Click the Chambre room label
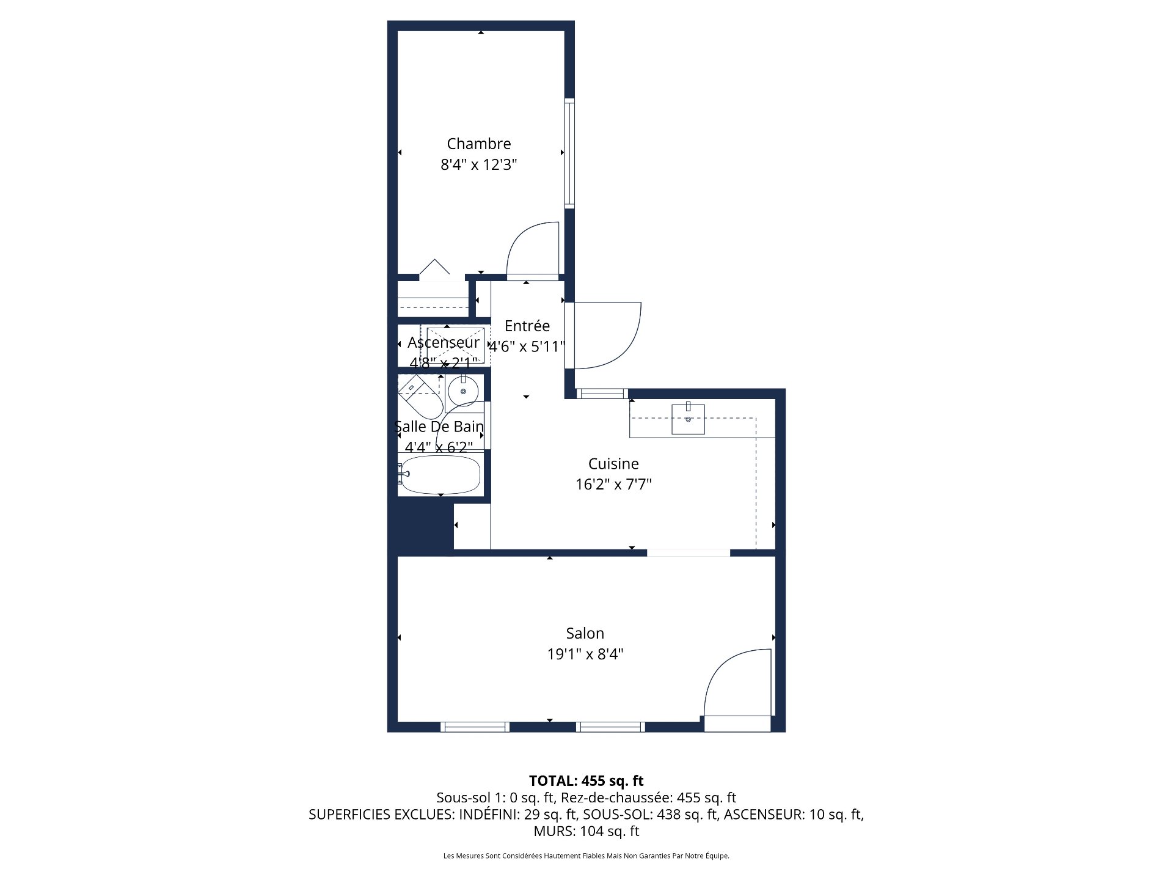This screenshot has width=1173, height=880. (x=478, y=144)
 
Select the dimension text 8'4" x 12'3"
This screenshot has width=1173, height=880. (x=478, y=164)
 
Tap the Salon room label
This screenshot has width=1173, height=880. (x=585, y=633)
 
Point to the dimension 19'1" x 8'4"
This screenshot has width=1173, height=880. (x=585, y=654)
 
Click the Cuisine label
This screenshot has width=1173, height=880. (x=613, y=464)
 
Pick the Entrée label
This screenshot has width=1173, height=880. (x=527, y=326)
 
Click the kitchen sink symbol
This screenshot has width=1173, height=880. (x=688, y=419)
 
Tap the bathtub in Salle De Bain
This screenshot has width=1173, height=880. (x=440, y=474)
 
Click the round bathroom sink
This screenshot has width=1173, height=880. (x=463, y=391)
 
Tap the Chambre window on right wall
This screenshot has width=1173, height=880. (x=569, y=153)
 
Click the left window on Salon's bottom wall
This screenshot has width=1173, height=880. (x=475, y=727)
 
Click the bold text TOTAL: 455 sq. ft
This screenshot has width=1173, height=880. (x=586, y=780)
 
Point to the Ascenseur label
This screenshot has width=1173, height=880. (x=443, y=342)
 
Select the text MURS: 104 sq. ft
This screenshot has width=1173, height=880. (x=586, y=831)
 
